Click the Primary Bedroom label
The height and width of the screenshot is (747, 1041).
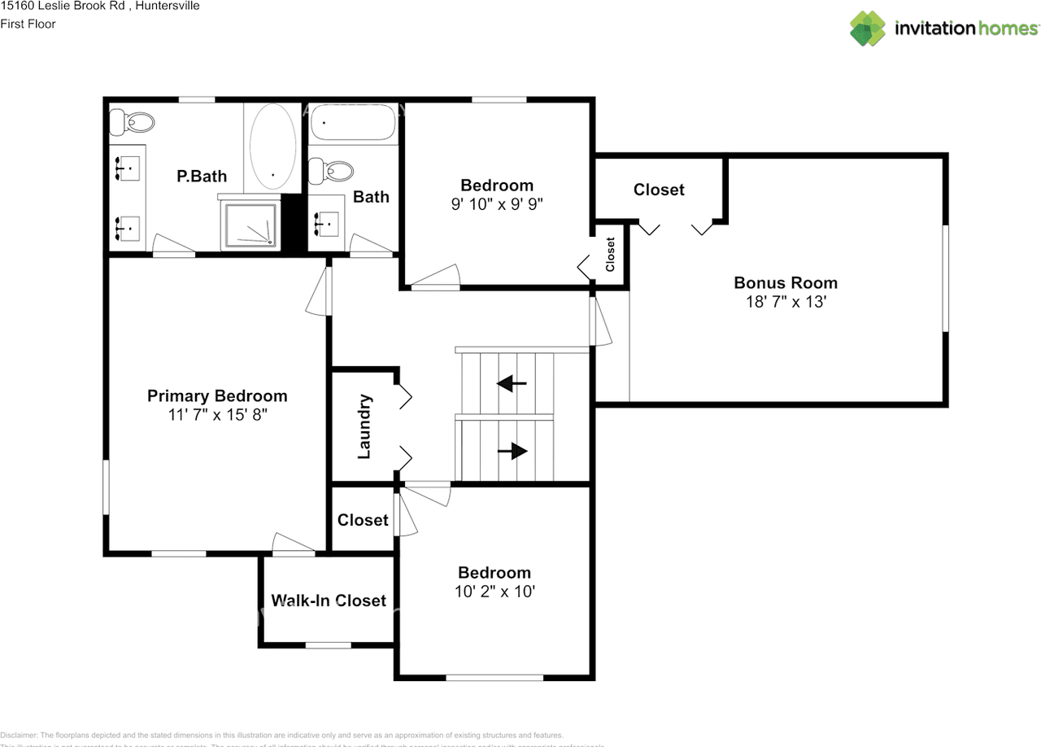pyautogui.click(x=217, y=396)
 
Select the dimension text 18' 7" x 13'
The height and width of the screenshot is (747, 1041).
pyautogui.click(x=785, y=301)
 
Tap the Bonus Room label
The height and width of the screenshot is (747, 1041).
pyautogui.click(x=785, y=283)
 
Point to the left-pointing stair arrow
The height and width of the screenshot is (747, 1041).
pyautogui.click(x=512, y=383)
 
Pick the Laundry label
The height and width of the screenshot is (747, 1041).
pyautogui.click(x=364, y=426)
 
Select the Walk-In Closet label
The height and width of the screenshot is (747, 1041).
pyautogui.click(x=329, y=601)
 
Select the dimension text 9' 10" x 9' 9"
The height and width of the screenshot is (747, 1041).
pyautogui.click(x=497, y=203)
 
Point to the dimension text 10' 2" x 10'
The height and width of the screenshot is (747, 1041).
pyautogui.click(x=494, y=592)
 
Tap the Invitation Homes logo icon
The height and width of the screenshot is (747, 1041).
pyautogui.click(x=868, y=28)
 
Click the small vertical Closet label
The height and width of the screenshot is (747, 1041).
pyautogui.click(x=610, y=254)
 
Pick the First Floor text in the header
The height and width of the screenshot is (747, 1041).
pyautogui.click(x=28, y=24)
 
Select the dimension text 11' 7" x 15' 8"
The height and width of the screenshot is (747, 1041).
pyautogui.click(x=217, y=414)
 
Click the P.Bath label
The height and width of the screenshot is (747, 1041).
pyautogui.click(x=202, y=176)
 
